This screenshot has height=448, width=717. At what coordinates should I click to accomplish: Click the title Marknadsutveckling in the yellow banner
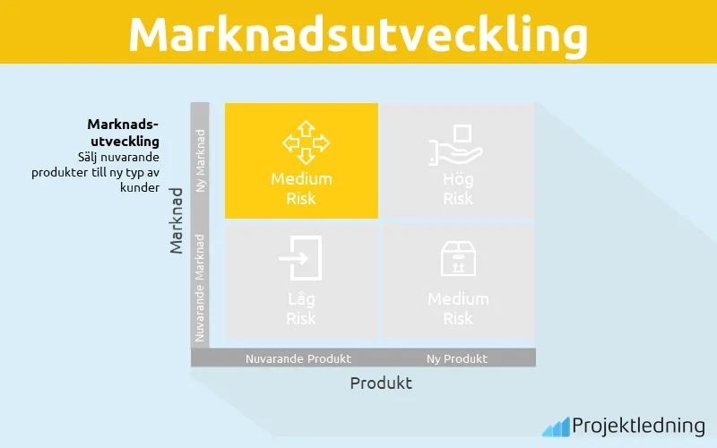click(x=358, y=34)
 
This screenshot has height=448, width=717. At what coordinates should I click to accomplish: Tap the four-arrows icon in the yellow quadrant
click(x=301, y=142)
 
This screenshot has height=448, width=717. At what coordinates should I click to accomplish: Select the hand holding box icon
click(x=457, y=143)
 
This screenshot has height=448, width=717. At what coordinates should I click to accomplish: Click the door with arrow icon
click(x=299, y=258)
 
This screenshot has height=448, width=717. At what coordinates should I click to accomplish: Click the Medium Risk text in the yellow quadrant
click(x=301, y=188)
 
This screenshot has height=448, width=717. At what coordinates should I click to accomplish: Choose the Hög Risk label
click(x=458, y=188)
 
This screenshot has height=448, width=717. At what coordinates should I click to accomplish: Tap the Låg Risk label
click(x=301, y=308)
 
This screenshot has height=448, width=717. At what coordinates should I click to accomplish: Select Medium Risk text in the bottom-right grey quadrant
click(x=458, y=308)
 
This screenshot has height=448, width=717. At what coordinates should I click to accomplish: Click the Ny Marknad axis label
click(x=201, y=160)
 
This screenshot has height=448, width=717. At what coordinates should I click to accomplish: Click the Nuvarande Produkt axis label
click(x=298, y=358)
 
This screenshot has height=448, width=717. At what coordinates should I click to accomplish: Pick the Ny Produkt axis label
click(x=457, y=358)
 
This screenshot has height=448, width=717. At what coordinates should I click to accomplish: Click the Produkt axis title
click(x=381, y=383)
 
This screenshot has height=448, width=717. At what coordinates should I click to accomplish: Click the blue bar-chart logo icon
click(x=556, y=426)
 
